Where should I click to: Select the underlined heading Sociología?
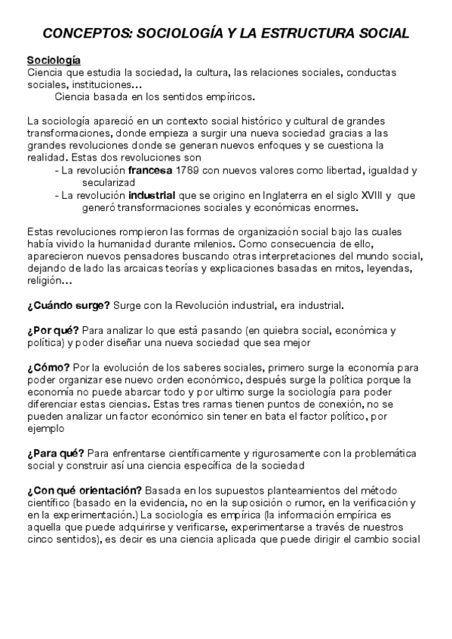click(x=54, y=60)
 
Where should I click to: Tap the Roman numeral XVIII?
click(x=368, y=195)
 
